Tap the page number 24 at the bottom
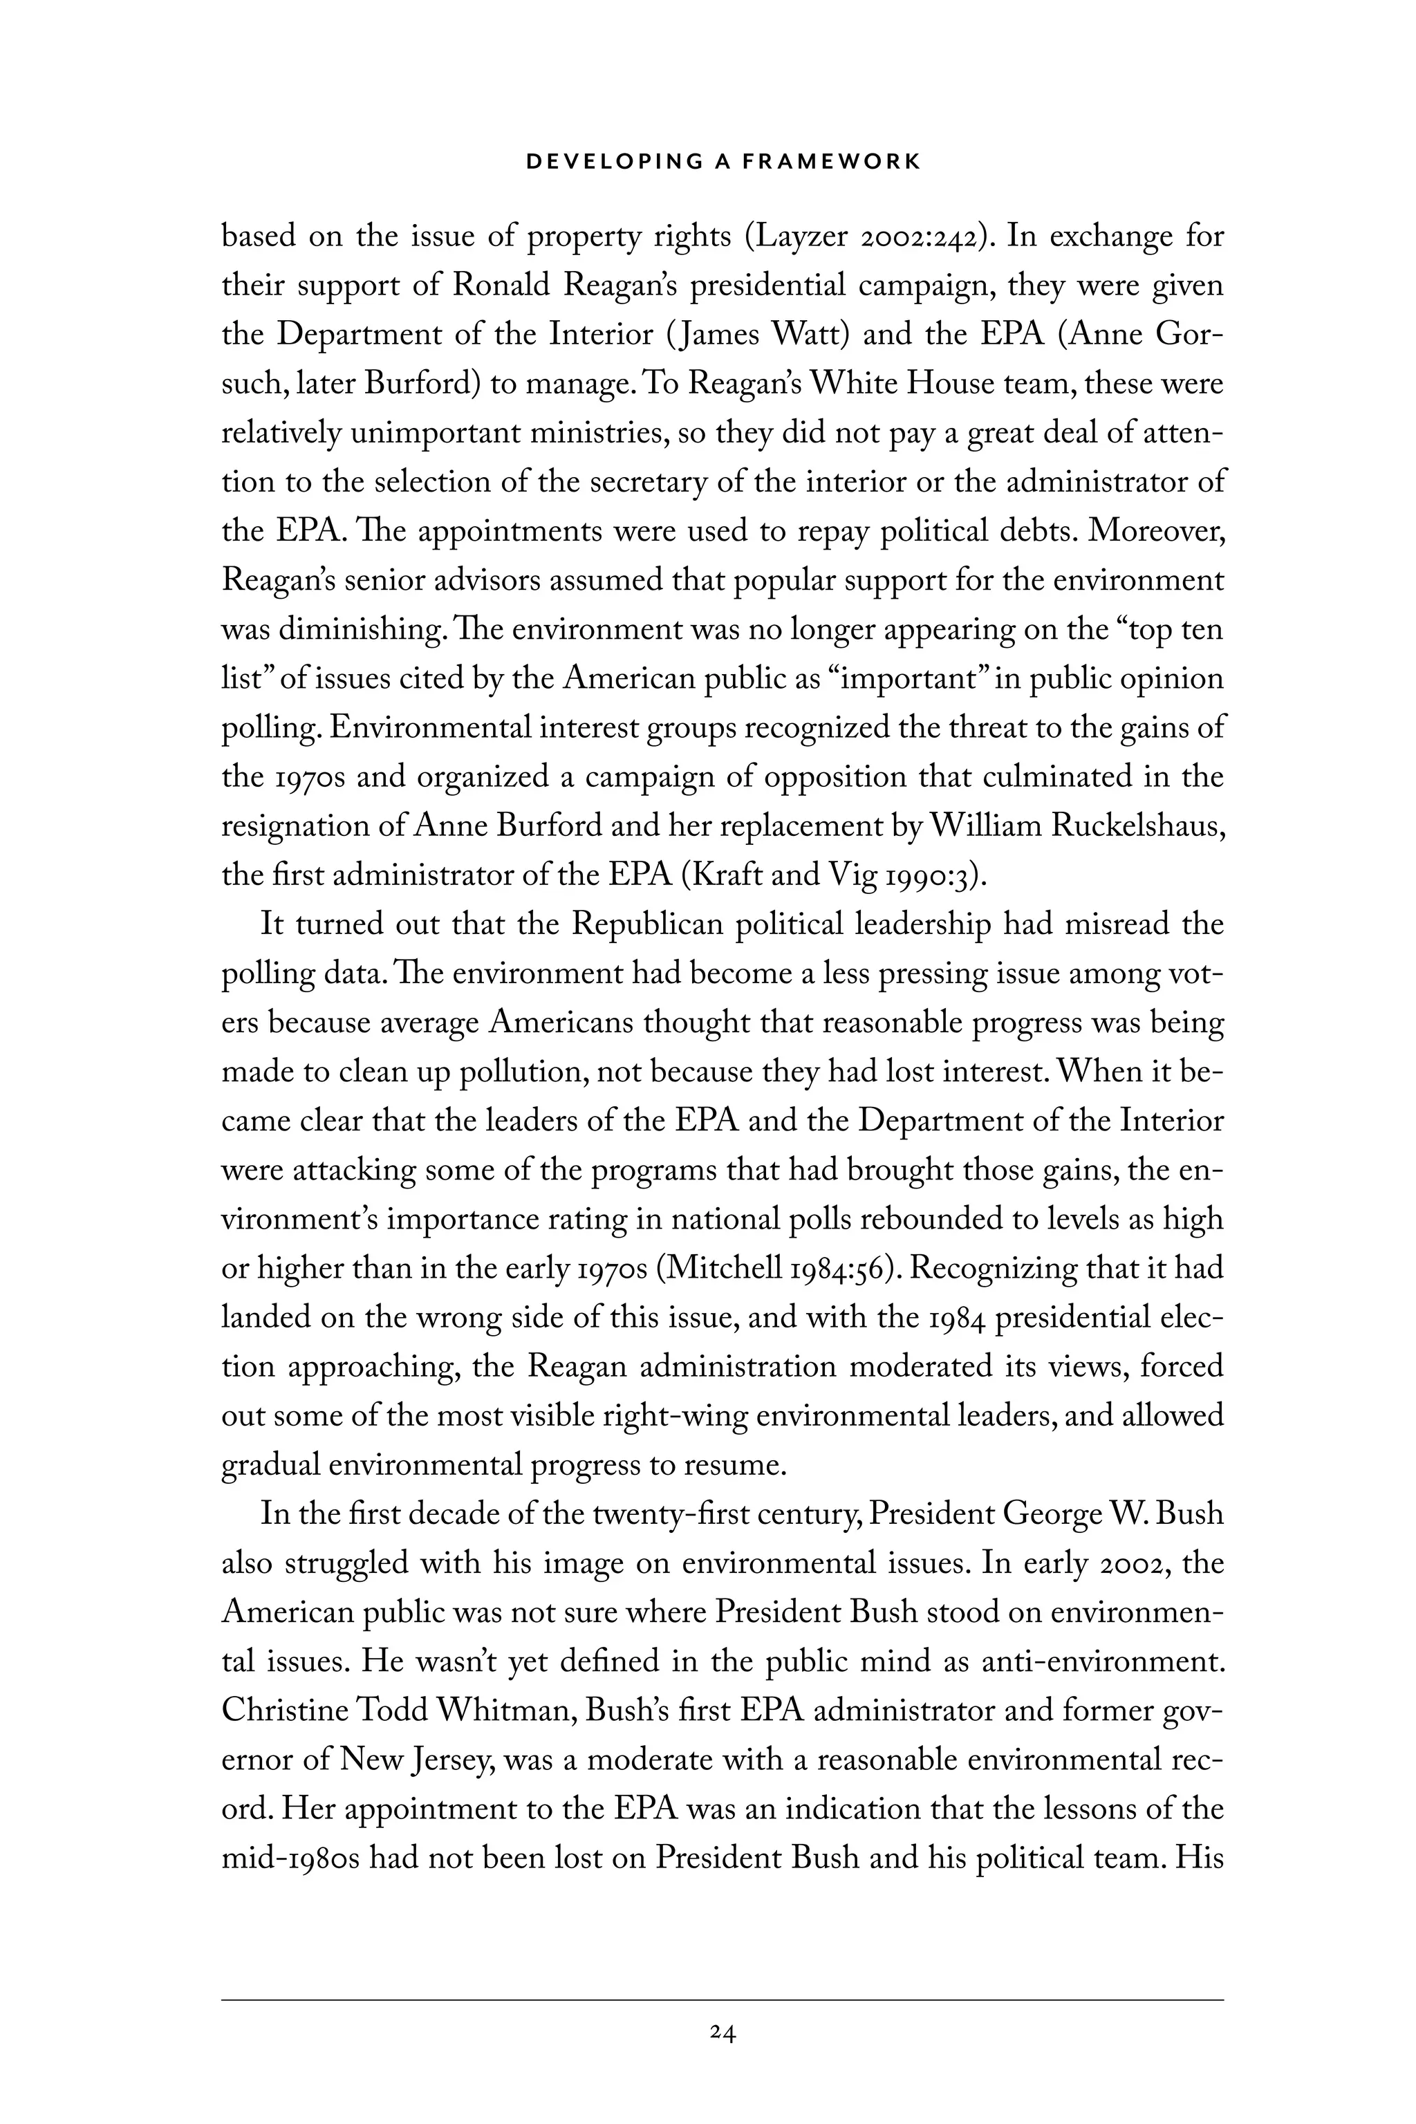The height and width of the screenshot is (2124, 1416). [723, 2033]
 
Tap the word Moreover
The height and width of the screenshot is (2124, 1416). [1157, 530]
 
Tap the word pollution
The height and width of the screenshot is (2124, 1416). [524, 1072]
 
